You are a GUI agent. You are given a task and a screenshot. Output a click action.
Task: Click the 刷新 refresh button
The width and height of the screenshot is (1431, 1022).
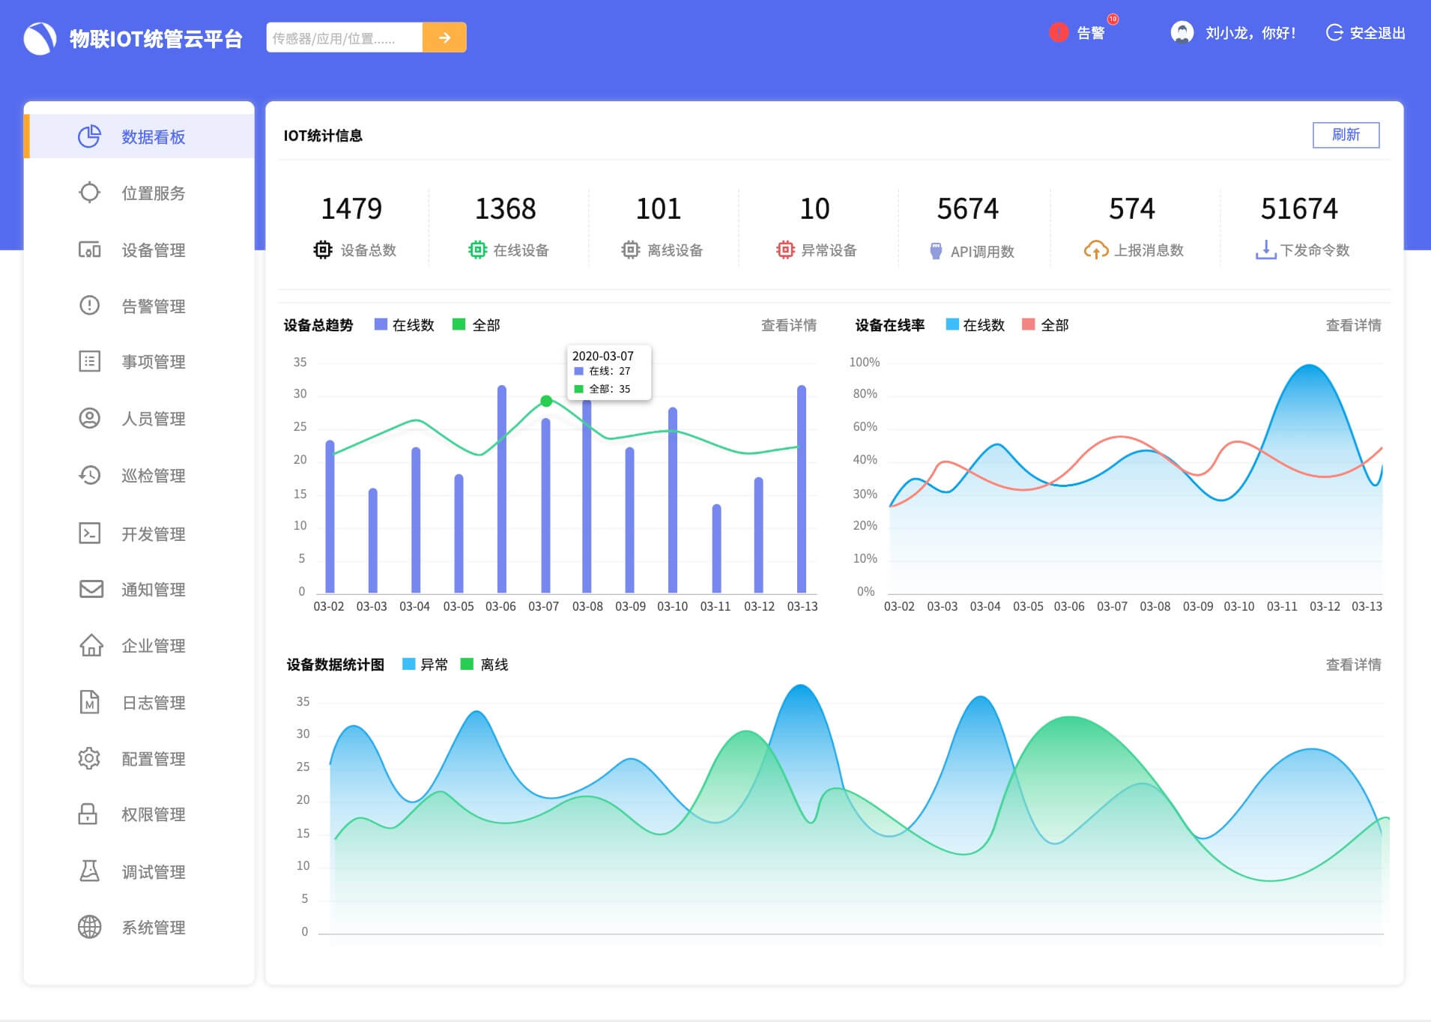[1346, 135]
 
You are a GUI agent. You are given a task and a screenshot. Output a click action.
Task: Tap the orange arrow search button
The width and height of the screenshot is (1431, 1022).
[444, 37]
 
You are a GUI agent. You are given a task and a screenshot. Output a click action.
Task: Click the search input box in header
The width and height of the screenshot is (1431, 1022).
[344, 37]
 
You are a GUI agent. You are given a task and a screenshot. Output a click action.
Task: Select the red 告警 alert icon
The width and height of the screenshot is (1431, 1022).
[1058, 32]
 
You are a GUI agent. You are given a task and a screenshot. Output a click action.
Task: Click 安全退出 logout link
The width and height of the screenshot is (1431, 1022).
[1366, 33]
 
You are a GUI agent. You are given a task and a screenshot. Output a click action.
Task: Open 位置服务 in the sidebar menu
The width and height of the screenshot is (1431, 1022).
[153, 193]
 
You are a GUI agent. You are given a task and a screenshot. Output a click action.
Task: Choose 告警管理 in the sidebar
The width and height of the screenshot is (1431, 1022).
[153, 306]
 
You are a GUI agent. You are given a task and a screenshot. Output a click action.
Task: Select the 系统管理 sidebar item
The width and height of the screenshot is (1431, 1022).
[153, 928]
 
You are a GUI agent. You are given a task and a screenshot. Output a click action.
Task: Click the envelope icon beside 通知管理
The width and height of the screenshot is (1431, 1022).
[91, 589]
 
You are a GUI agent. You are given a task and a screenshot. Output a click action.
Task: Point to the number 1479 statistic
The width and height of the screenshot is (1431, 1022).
[351, 208]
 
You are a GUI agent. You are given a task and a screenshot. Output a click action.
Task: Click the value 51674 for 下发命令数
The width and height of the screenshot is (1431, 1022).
[1298, 208]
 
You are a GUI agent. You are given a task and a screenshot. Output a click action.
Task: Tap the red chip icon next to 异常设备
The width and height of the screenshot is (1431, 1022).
[784, 250]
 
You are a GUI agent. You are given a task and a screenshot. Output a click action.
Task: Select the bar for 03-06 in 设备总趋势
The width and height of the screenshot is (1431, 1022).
[501, 487]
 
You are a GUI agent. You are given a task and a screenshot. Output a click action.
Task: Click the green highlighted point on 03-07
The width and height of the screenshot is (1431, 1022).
[546, 401]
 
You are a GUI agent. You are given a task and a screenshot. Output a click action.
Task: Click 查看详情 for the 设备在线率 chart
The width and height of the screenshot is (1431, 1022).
[1353, 325]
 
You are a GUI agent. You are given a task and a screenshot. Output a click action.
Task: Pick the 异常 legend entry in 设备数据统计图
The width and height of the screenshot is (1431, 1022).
[425, 665]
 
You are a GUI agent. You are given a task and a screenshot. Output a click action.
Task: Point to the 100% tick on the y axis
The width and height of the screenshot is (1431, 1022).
[864, 362]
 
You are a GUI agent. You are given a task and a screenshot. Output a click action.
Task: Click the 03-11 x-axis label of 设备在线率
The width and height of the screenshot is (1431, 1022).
[1281, 606]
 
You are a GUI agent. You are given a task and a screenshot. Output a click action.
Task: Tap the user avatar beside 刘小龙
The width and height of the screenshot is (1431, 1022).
[1182, 32]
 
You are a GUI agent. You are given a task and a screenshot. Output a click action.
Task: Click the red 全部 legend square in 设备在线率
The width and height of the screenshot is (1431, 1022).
[1029, 324]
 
